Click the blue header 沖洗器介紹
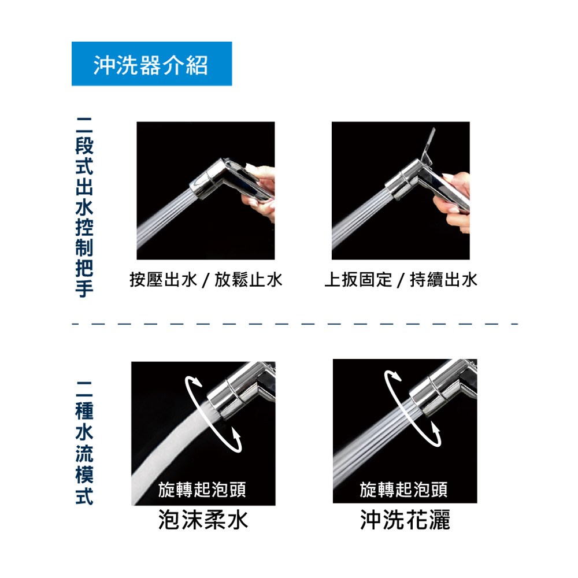tap(151, 64)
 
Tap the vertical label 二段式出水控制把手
tap(84, 207)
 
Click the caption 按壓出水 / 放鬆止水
tap(206, 279)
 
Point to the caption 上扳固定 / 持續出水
tap(401, 279)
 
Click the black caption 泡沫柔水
tap(203, 520)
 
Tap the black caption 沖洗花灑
tap(405, 520)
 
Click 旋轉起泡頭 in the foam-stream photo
tap(202, 490)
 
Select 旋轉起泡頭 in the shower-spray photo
tap(403, 490)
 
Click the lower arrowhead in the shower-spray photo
tap(435, 429)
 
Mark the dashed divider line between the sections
tap(295, 324)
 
